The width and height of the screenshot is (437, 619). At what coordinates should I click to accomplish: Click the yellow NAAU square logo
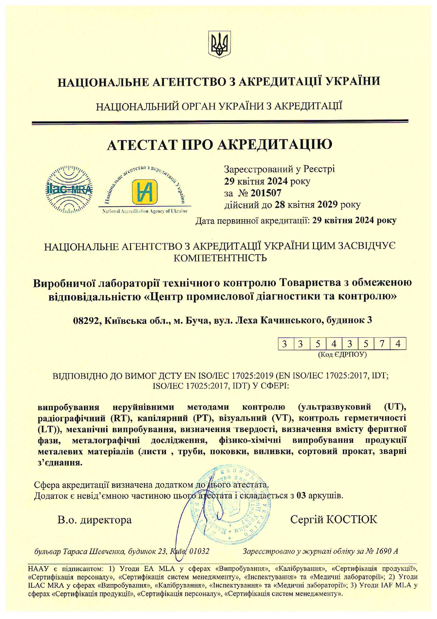[x=144, y=191]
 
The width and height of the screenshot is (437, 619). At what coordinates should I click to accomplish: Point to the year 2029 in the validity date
[x=328, y=204]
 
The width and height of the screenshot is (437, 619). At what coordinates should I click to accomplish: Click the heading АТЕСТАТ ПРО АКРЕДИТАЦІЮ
[x=219, y=145]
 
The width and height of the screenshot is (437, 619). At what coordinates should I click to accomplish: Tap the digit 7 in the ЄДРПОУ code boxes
[x=382, y=344]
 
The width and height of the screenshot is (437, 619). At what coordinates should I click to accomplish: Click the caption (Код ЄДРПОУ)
[x=342, y=354]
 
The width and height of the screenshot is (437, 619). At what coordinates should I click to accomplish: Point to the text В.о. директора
[x=94, y=520]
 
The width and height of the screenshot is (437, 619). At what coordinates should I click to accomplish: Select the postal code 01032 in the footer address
[x=199, y=551]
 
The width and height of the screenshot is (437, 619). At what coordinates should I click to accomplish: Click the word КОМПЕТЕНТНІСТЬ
[x=220, y=258]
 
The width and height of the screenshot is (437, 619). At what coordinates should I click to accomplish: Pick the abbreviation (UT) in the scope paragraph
[x=395, y=407]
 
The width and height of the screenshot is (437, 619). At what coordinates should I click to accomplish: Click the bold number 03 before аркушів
[x=301, y=495]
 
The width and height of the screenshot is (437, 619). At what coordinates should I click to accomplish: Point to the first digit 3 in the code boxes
[x=284, y=344]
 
